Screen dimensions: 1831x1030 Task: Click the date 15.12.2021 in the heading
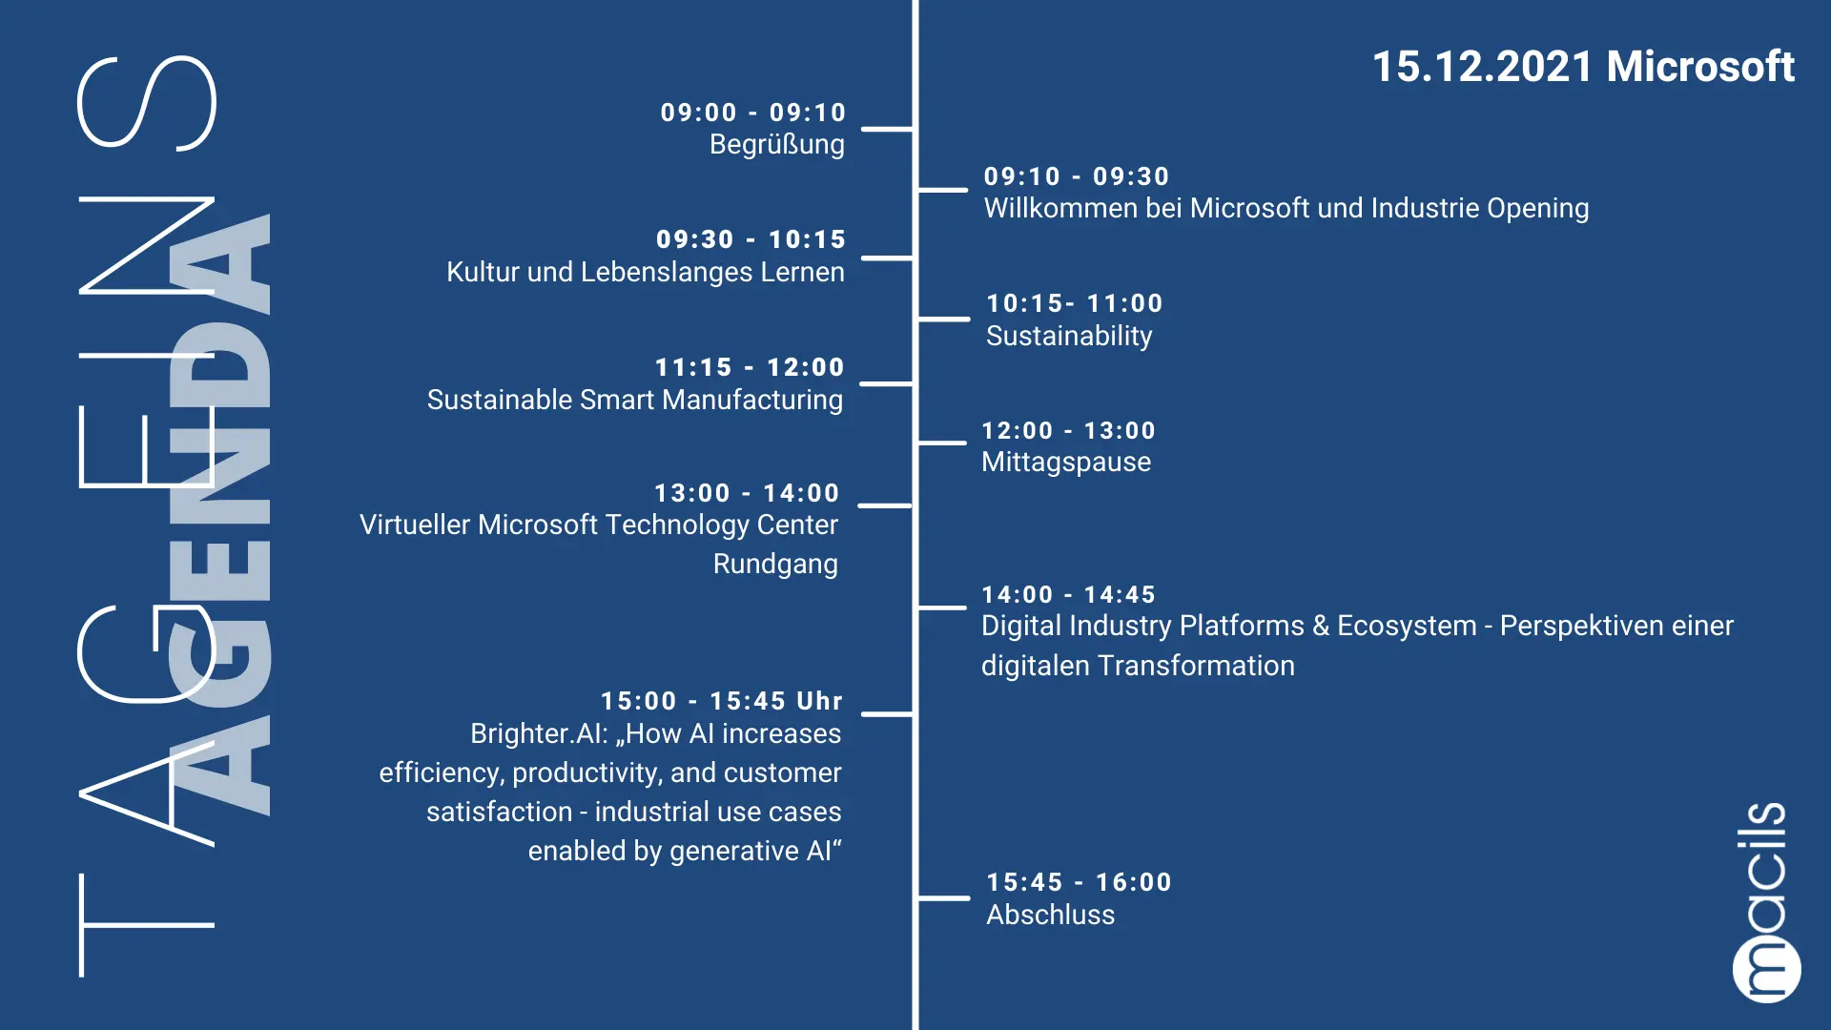[x=1482, y=67]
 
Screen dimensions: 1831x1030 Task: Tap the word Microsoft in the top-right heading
[x=1700, y=67]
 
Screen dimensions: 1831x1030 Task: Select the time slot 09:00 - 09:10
[x=753, y=113]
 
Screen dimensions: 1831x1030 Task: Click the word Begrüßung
[x=777, y=145]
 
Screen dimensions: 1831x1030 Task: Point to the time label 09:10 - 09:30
[x=1077, y=176]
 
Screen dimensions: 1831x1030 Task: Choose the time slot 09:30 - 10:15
[x=751, y=239]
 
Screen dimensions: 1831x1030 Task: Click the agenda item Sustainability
[x=1069, y=336]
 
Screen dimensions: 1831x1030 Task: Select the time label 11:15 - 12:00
[x=750, y=367]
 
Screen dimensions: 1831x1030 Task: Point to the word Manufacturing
[x=752, y=400]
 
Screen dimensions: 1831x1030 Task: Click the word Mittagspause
[x=1066, y=463]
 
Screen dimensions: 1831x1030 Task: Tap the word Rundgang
[x=775, y=564]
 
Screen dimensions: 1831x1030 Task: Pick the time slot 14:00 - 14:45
[x=1069, y=595]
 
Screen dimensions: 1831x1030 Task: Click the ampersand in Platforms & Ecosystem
[x=1321, y=626]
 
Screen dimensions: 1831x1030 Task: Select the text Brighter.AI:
[x=539, y=733]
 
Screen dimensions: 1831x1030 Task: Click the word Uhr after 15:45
[x=820, y=701]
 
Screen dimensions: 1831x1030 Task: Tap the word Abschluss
[x=1050, y=915]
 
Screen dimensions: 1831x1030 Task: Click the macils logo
[x=1765, y=902]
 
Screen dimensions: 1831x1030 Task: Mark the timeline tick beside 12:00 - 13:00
[x=942, y=443]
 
